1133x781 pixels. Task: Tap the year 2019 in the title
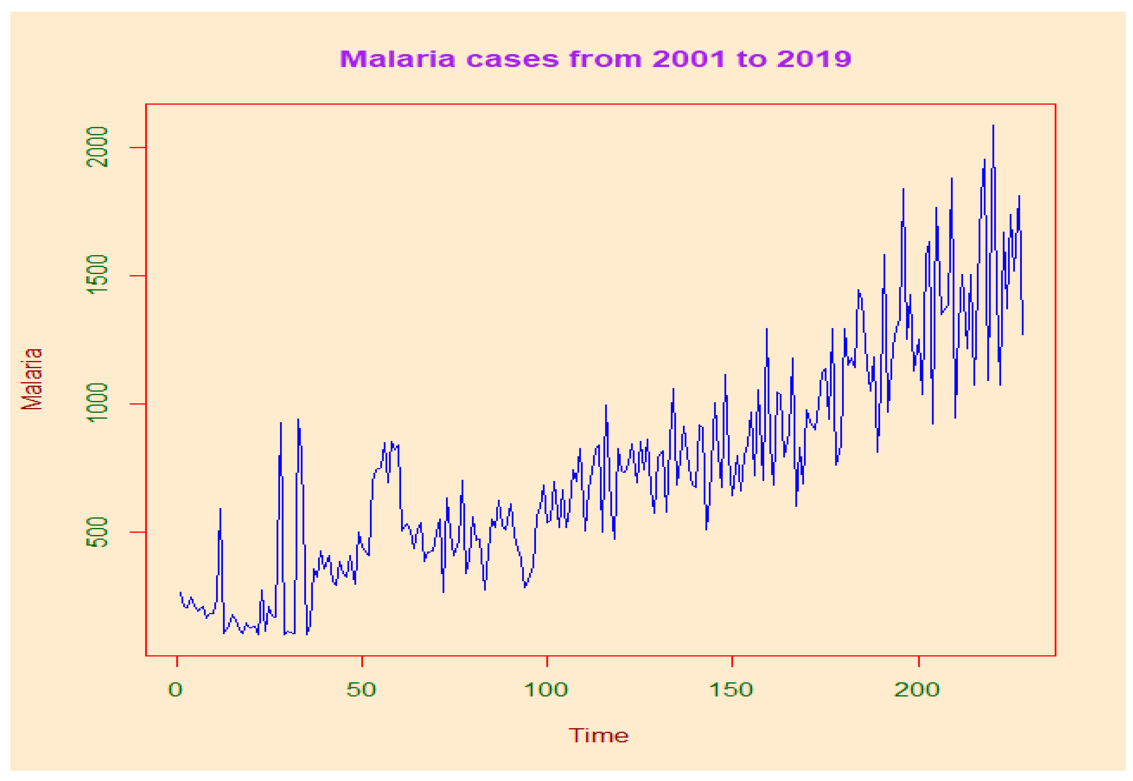coord(814,59)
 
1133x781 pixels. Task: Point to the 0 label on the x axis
coord(175,690)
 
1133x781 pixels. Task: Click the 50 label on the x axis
coord(361,690)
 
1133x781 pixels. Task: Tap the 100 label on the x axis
coord(546,690)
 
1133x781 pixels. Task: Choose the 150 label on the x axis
coord(731,690)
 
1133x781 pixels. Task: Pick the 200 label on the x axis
coord(917,690)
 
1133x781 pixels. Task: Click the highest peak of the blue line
coord(993,126)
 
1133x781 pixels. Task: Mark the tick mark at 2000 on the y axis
coord(138,147)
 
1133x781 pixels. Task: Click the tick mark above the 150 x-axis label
coord(732,661)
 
